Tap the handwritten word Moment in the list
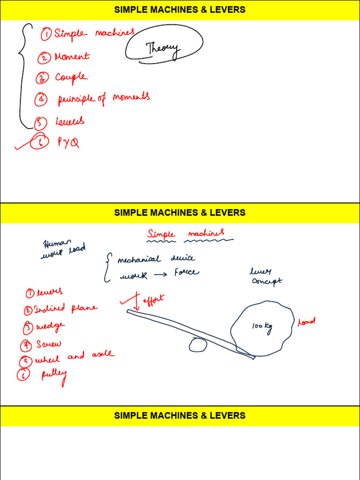pos(72,57)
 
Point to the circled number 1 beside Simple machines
pos(46,34)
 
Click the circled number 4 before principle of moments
pos(41,99)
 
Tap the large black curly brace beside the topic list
pos(22,75)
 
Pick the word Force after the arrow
pos(186,272)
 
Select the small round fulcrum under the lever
pos(198,345)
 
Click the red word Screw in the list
pos(48,345)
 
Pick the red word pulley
pos(54,375)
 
